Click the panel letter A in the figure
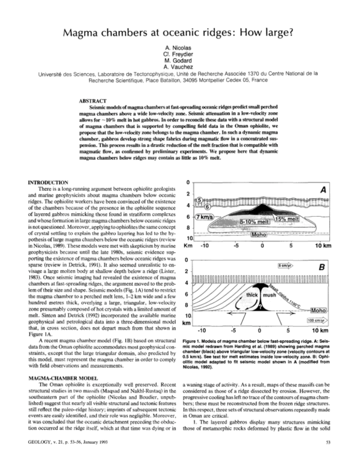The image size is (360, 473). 322,190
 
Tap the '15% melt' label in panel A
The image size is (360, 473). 283,220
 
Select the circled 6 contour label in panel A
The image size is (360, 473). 209,205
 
